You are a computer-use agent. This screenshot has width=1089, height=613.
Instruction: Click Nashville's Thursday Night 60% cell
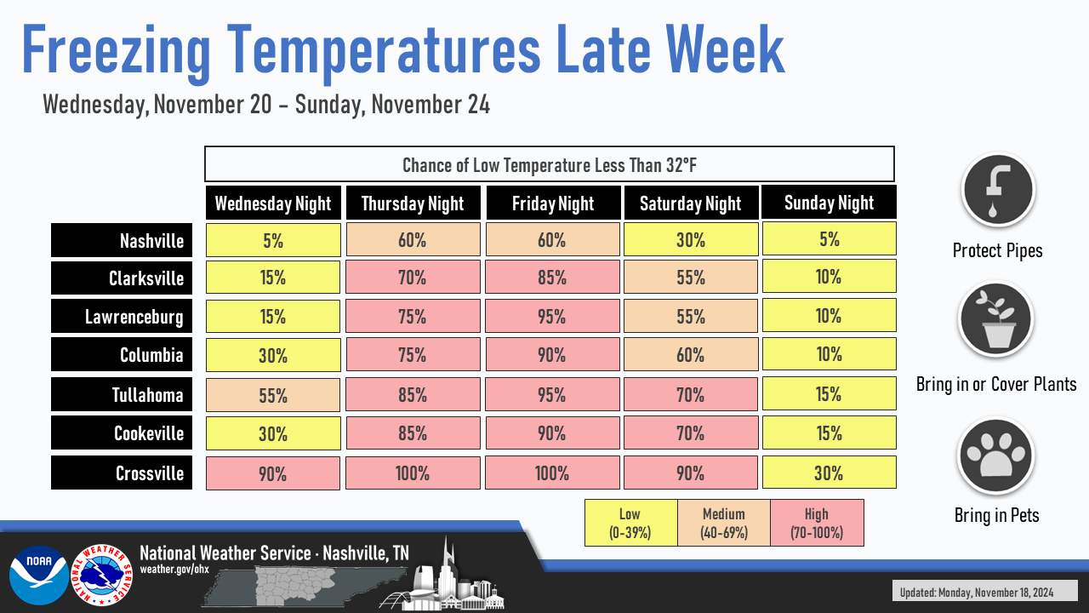413,239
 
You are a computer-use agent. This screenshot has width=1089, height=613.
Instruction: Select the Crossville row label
122,473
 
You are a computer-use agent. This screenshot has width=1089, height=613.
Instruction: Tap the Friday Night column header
553,203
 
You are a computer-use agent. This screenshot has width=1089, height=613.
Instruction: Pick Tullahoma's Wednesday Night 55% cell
273,395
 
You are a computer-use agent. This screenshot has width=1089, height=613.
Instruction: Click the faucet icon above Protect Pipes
998,190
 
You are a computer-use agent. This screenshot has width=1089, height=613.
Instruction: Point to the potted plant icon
995,319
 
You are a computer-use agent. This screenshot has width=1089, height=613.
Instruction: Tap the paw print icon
995,455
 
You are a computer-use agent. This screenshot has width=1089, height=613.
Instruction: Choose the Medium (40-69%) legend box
724,523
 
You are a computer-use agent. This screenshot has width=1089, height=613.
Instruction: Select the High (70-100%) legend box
817,523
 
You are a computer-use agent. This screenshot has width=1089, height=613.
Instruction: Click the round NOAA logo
39,575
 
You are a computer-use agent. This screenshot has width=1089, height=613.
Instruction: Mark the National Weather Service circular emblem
102,575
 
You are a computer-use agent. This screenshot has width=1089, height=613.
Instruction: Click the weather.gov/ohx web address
174,569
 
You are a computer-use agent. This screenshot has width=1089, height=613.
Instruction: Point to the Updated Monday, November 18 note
976,592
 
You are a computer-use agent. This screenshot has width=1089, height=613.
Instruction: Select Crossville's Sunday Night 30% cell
830,472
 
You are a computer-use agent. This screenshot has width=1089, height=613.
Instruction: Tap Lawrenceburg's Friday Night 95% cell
552,316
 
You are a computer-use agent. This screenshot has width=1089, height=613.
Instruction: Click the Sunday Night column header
829,202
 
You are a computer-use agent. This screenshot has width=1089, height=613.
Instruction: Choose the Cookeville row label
122,433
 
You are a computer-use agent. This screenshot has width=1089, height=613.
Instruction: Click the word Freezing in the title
116,51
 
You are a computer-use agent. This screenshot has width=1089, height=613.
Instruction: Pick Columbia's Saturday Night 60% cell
691,355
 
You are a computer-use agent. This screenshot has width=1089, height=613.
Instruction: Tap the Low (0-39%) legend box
631,523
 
